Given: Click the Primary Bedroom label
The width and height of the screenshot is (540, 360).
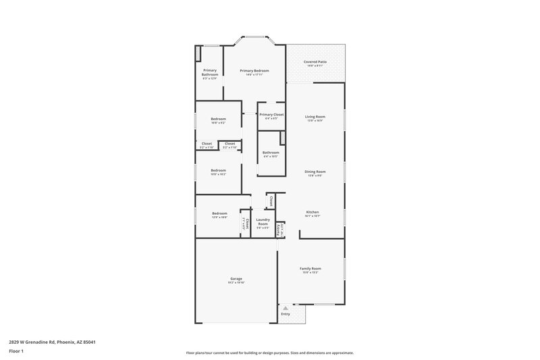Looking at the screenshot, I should click(256, 71).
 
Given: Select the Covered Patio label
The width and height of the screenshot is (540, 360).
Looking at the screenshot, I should click(316, 62).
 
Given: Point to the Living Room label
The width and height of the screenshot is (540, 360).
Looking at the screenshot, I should click(315, 117).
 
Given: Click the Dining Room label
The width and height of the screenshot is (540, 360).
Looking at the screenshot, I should click(315, 172).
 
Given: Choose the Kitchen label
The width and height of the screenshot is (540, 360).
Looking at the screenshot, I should click(312, 212).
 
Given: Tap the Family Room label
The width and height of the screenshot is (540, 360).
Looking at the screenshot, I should click(310, 269).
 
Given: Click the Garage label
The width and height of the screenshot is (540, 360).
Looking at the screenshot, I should click(236, 278).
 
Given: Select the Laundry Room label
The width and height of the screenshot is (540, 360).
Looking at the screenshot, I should click(263, 222).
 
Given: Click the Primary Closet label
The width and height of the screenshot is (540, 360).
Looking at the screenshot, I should click(271, 115).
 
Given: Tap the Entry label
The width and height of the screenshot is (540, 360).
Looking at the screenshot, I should click(286, 314).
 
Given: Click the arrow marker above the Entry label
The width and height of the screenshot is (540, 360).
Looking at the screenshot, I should click(286, 308).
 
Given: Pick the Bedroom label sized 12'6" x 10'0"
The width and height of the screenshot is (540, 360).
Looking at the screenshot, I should click(219, 213).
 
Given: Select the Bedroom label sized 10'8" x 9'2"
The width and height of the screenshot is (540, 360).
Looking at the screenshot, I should click(218, 119).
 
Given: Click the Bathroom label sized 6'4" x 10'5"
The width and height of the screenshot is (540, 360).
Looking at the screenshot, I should click(271, 153).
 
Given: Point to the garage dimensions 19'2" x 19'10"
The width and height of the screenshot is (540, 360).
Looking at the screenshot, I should click(236, 282).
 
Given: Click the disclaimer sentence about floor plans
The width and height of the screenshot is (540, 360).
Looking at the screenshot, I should click(270, 353).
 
